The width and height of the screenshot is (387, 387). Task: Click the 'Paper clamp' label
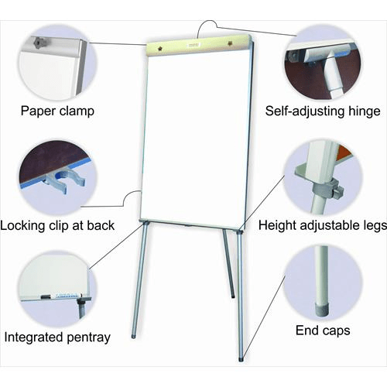(x=58, y=111)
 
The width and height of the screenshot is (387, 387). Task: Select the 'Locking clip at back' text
(x=58, y=225)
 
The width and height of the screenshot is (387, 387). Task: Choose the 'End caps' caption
(x=323, y=331)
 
